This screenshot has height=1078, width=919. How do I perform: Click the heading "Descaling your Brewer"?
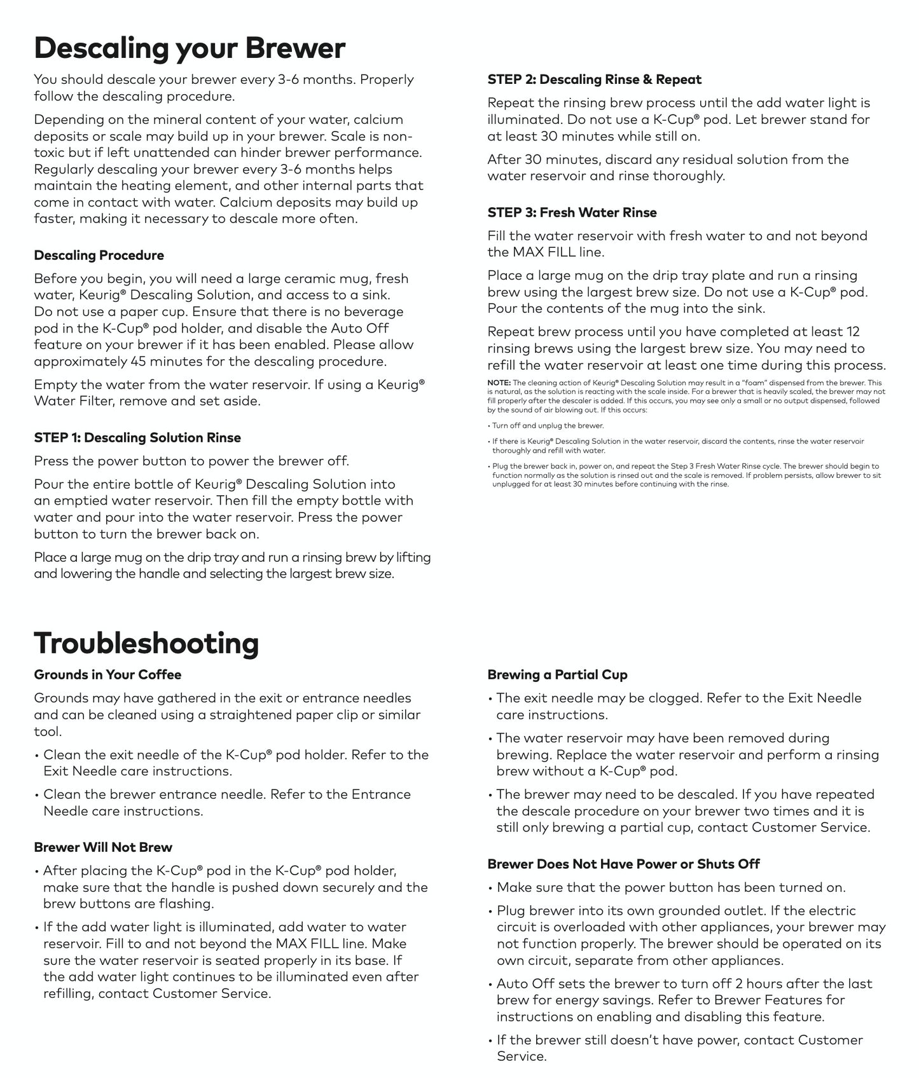tap(189, 48)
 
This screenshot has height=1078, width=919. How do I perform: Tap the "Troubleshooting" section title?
tap(146, 643)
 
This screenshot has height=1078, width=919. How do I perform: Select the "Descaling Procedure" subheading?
tap(99, 256)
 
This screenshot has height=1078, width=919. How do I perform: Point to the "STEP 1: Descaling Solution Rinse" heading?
tap(137, 438)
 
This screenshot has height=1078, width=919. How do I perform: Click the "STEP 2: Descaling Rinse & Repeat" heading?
tap(594, 80)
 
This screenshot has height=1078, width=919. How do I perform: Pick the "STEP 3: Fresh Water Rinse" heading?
tap(572, 213)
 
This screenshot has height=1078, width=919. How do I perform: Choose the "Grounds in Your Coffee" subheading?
tap(107, 675)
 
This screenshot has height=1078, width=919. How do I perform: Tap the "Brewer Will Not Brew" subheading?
tap(103, 848)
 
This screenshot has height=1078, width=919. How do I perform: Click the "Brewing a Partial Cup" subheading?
tap(557, 675)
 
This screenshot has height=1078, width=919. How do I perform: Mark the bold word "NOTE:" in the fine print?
tap(499, 383)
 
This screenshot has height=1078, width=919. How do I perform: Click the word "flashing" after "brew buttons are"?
tap(184, 904)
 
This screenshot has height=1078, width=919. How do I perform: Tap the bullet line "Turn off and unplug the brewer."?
tap(548, 426)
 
